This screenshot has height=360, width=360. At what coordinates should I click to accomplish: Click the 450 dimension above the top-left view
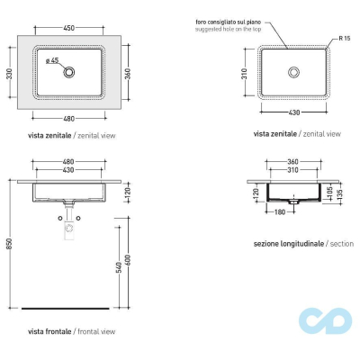click(68, 28)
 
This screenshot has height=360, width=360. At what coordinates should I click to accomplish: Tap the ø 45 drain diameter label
click(52, 60)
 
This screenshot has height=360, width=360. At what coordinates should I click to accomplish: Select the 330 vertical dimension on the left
click(9, 74)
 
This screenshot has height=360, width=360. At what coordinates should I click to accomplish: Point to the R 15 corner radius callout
click(345, 39)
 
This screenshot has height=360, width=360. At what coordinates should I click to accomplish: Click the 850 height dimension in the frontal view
click(9, 244)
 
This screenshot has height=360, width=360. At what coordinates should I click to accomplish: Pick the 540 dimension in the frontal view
click(119, 267)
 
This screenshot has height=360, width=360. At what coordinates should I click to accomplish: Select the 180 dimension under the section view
click(280, 212)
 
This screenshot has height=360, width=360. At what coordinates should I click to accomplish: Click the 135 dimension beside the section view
click(339, 195)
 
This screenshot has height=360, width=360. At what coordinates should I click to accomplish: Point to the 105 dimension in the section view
click(330, 193)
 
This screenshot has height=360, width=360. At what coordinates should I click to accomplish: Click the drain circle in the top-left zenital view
click(69, 72)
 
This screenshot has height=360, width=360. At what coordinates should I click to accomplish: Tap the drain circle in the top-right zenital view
click(293, 72)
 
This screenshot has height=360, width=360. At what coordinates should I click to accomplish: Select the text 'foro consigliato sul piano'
click(229, 22)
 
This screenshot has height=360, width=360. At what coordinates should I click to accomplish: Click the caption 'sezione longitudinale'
click(289, 244)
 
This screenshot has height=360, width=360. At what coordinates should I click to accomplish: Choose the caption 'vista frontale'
click(49, 331)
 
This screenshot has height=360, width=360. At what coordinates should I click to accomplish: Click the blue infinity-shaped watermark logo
click(325, 320)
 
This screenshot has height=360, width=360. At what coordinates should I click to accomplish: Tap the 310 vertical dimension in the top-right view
click(244, 74)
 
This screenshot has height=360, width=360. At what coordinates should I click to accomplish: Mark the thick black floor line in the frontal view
click(66, 308)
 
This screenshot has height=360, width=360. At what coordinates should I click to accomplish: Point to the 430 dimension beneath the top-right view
click(293, 112)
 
